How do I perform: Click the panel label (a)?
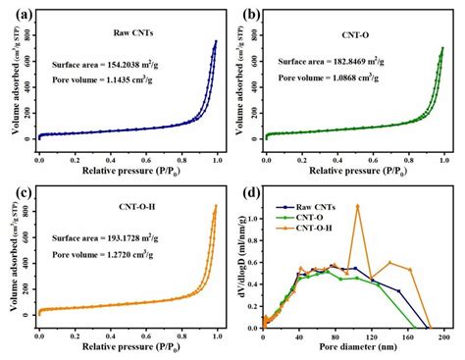coord(16,14)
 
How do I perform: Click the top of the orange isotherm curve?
coord(216,205)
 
